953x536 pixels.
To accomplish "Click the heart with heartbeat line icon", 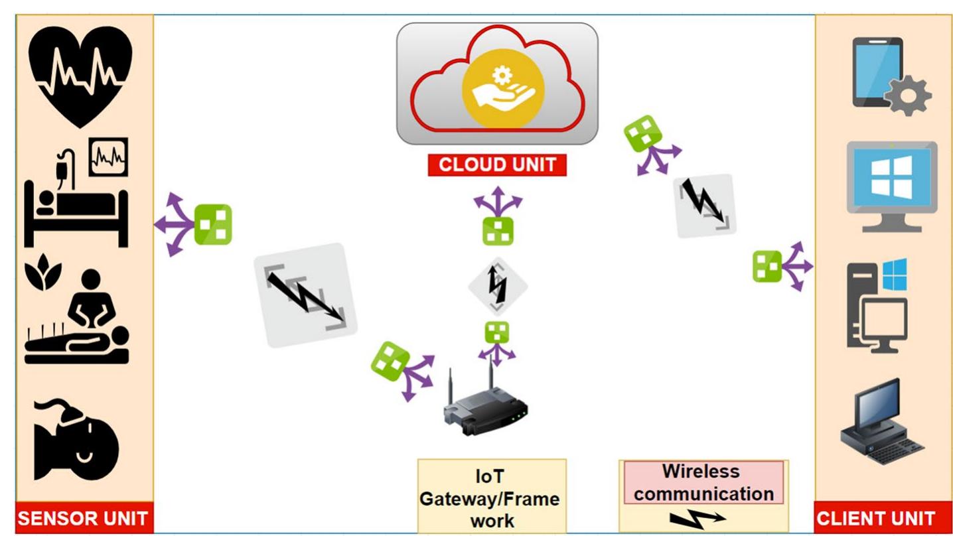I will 80,76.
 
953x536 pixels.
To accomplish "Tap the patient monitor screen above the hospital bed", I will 109,157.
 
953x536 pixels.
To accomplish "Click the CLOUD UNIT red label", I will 497,165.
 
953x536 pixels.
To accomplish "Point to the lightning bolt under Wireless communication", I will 697,517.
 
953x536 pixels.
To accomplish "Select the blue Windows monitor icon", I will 891,185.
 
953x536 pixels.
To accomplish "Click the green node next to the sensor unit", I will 212,225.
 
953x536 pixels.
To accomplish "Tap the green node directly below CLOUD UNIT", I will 498,230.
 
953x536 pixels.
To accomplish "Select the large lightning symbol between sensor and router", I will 306,295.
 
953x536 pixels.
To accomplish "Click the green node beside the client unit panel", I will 767,267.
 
